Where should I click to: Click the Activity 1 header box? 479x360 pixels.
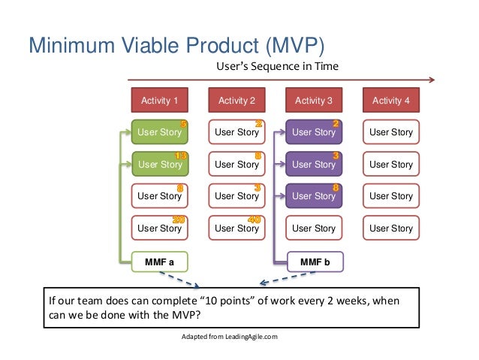[160, 100]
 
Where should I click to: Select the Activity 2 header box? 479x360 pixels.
[236, 100]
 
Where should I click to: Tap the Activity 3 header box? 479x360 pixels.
[314, 100]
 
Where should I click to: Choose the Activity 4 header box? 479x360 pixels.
[391, 100]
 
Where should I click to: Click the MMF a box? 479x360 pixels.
[160, 262]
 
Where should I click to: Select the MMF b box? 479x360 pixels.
[314, 262]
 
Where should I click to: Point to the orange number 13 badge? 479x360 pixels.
[180, 156]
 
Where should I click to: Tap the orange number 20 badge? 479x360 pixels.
[180, 219]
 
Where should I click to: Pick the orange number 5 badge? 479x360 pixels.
[184, 124]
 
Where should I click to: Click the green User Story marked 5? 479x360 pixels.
[158, 132]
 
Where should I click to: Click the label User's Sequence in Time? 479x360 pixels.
[277, 67]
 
